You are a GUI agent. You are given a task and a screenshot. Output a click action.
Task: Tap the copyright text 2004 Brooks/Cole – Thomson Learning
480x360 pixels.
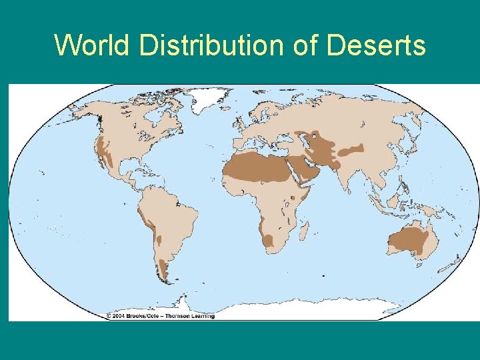tap(160, 315)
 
